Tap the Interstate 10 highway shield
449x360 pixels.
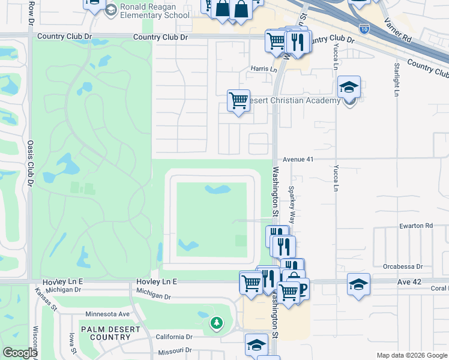pos(364,28)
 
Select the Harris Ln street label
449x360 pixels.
pos(264,69)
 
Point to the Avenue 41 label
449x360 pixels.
pos(299,160)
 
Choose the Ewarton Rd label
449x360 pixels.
pos(415,226)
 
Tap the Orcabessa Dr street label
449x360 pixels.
pos(403,266)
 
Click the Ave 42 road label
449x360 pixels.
pos(410,281)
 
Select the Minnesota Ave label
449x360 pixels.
pos(107,314)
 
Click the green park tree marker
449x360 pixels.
pos(216,323)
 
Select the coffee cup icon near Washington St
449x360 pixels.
pos(301,289)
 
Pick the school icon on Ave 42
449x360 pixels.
pos(358,284)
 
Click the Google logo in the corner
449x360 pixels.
pos(19,353)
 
